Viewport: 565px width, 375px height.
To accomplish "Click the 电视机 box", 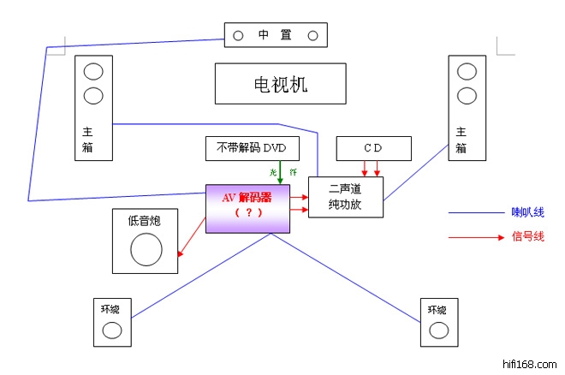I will (x=280, y=84).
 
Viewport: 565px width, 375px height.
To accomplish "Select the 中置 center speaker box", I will (x=276, y=35).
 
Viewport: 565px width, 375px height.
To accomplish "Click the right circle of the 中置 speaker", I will (x=312, y=35).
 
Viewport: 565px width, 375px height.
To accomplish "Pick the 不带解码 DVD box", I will (x=253, y=149).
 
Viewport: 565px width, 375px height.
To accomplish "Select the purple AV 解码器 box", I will (x=248, y=208).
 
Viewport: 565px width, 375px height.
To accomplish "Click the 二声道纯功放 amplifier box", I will (x=345, y=199).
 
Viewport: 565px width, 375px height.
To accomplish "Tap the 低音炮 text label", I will (x=145, y=220).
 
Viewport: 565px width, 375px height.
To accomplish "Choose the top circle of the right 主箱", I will (x=467, y=71).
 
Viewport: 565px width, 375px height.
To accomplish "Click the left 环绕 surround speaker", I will (x=111, y=321).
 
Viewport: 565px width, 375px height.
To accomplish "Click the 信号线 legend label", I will (x=528, y=236).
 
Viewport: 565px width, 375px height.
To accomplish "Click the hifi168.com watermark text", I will (x=531, y=364).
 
